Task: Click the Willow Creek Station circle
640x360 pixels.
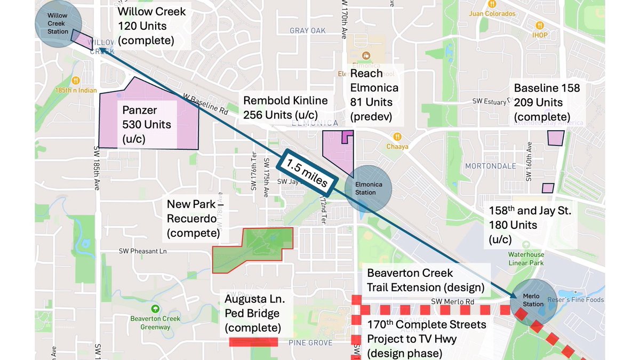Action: tap(58, 24)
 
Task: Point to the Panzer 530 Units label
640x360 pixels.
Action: tap(147, 124)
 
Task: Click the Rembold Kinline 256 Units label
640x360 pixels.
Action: tap(285, 107)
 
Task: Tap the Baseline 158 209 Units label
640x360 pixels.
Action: tap(547, 102)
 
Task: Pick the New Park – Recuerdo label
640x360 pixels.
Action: tap(191, 219)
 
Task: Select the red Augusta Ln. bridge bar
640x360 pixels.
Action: tap(254, 342)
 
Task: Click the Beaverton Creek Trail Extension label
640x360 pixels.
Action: tap(425, 280)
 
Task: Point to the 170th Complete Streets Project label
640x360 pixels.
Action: tap(426, 339)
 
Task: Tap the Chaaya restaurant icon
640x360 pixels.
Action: tap(397, 137)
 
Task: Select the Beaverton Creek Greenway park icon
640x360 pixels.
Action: tap(155, 308)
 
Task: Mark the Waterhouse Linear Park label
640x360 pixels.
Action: tap(526, 259)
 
